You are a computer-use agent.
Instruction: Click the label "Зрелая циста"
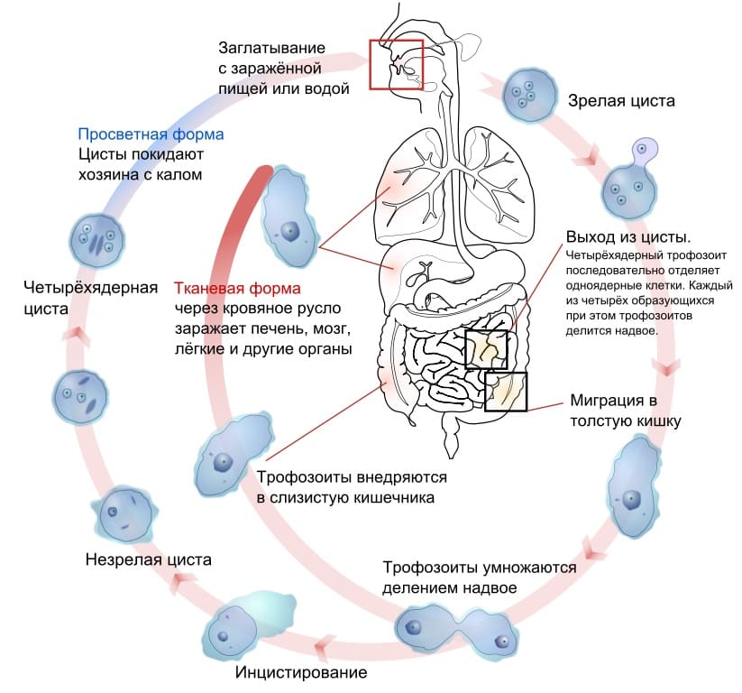619,100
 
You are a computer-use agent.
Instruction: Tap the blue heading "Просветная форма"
151,134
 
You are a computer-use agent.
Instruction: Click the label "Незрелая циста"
148,559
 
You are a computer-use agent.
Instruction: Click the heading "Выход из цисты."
627,237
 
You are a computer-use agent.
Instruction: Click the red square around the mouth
396,63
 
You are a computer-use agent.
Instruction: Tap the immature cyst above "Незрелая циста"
125,513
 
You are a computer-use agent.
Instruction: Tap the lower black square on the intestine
505,392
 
